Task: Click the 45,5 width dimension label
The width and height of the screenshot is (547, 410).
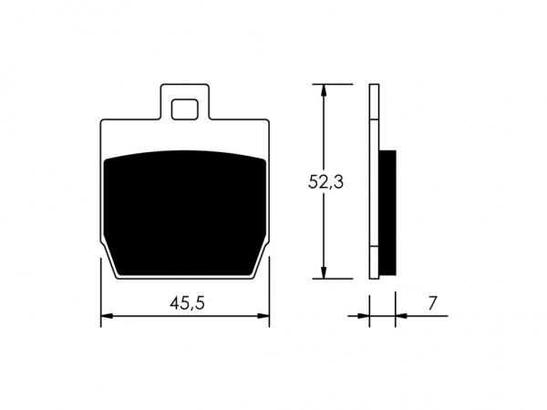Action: pyautogui.click(x=187, y=302)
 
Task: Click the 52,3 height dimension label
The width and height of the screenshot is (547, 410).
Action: pyautogui.click(x=325, y=181)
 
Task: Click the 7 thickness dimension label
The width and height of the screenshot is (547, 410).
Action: pyautogui.click(x=432, y=303)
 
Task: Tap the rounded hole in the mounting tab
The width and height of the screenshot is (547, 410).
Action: pyautogui.click(x=185, y=109)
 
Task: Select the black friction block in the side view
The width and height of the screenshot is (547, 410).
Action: pyautogui.click(x=387, y=212)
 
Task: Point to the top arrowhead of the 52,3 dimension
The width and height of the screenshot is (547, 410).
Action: pyautogui.click(x=325, y=90)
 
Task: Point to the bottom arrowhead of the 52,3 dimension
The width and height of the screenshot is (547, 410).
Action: pyautogui.click(x=325, y=272)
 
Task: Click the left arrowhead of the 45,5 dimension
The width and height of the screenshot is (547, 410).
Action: pyautogui.click(x=107, y=316)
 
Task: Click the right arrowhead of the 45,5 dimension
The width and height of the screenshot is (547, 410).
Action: pyautogui.click(x=263, y=316)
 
